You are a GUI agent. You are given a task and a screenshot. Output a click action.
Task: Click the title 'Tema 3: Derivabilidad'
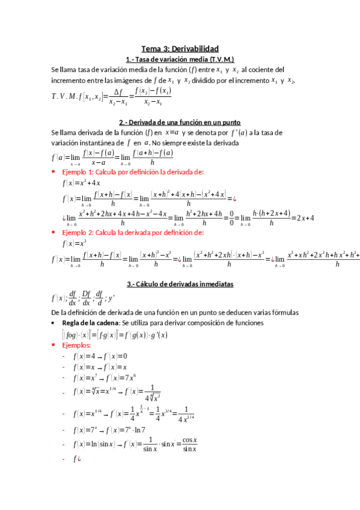(180, 49)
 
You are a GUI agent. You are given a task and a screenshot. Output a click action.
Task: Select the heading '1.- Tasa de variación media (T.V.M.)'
(180, 60)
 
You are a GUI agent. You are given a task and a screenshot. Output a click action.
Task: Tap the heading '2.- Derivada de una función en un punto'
(180, 121)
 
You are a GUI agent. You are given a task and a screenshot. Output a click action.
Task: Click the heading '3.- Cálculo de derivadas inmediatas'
(180, 284)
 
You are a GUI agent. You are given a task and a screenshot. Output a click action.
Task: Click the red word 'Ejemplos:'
(76, 346)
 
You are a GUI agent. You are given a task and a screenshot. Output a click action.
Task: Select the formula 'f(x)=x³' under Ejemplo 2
(75, 244)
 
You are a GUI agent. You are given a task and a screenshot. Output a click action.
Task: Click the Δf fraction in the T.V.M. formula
(120, 96)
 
